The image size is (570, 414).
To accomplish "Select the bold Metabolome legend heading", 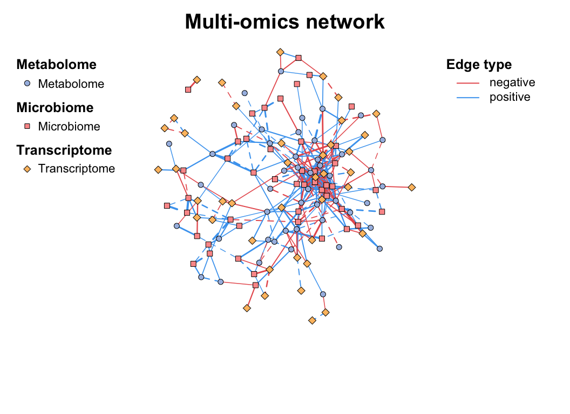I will [x=56, y=65].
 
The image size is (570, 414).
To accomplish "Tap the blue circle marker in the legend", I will [x=28, y=84].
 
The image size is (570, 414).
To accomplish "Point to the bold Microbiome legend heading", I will [x=55, y=107].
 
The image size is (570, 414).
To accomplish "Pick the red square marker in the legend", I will [x=28, y=126].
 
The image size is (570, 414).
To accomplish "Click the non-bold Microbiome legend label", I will [x=69, y=127].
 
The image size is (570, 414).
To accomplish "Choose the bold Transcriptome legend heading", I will [x=64, y=150].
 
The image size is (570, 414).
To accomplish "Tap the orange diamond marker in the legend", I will [x=28, y=169].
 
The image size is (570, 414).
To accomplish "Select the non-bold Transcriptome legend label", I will [x=77, y=169].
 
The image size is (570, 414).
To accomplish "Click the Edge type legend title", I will [x=479, y=65].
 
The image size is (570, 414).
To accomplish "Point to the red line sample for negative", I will [x=468, y=83].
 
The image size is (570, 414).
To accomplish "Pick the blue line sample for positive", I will [x=468, y=98].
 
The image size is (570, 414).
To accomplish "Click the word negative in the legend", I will [x=512, y=82].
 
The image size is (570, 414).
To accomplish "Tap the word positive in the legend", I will [x=510, y=97].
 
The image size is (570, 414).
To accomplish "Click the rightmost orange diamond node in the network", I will [x=411, y=187].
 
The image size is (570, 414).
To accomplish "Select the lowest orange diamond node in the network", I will [x=312, y=320].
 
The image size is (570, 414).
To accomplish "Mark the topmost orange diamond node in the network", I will [x=280, y=52].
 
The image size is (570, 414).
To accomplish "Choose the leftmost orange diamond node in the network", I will [x=158, y=169].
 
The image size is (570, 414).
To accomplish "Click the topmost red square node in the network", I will [x=298, y=58].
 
